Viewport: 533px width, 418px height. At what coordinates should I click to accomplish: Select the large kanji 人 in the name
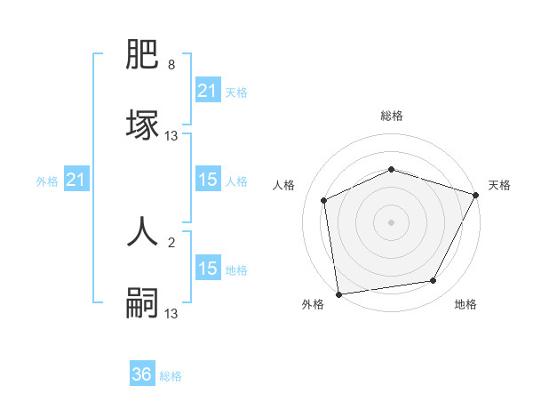pos(143,230)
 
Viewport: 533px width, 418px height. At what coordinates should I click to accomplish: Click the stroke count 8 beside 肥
pos(171,65)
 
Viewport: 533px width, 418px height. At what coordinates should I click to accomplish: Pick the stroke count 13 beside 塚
pos(171,136)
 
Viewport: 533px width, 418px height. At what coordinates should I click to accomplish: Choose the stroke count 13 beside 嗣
pos(171,313)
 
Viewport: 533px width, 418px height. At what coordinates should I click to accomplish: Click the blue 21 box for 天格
pos(207,90)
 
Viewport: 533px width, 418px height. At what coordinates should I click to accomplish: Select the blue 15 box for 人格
pos(207,180)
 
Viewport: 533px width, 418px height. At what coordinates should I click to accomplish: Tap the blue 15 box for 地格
pos(207,269)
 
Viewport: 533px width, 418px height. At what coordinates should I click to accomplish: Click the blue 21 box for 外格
pos(76,180)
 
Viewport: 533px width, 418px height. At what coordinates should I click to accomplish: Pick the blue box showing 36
pos(142,374)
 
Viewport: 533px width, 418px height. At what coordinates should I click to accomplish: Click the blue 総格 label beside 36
pos(171,376)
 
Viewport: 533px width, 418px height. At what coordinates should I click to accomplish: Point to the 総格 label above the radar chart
pos(391,116)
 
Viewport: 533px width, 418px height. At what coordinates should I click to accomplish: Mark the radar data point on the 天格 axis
pos(476,195)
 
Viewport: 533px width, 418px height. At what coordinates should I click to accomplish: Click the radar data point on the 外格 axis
pos(338,293)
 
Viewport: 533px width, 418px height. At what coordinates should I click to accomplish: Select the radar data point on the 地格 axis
pos(434,281)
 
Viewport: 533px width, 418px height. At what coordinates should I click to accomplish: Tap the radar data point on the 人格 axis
pos(324,200)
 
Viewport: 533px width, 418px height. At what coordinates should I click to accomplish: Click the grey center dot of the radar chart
pos(391,221)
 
